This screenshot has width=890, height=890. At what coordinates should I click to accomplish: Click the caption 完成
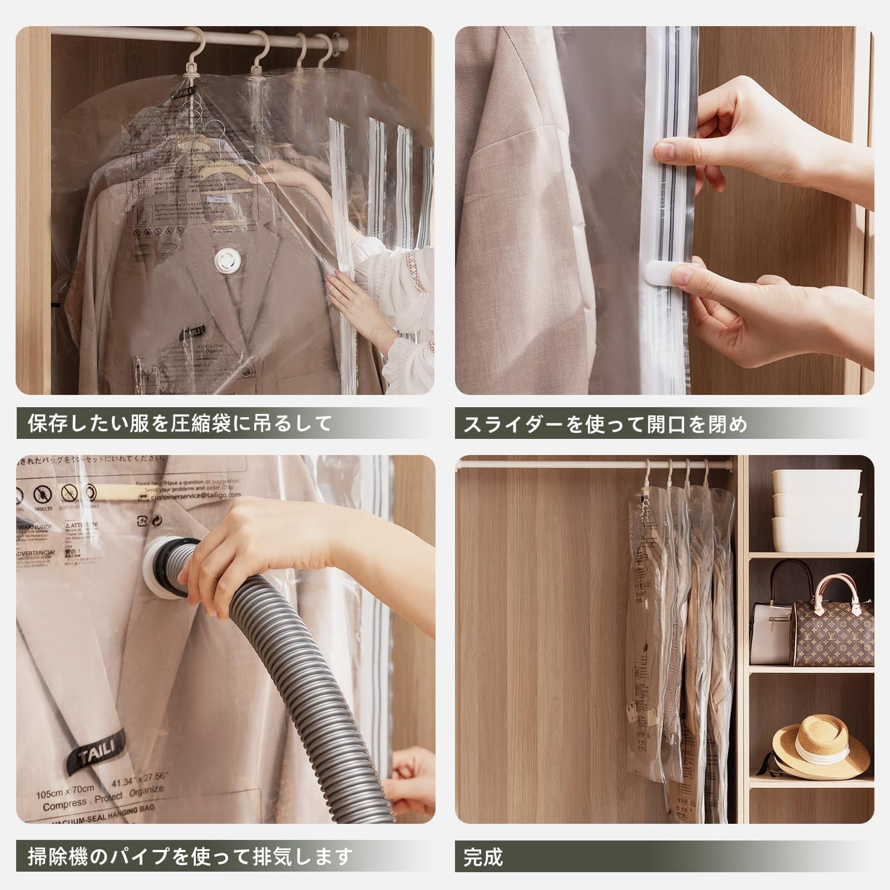point(483,857)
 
